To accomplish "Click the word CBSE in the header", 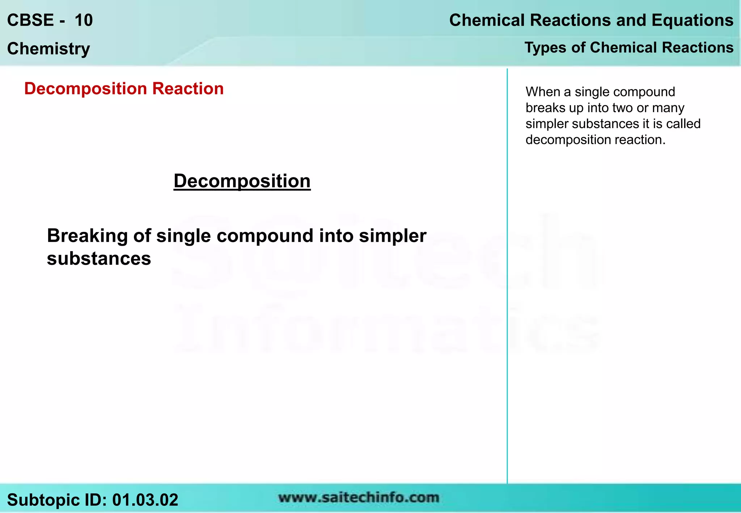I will pyautogui.click(x=30, y=20).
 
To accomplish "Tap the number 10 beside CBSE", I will pyautogui.click(x=84, y=20).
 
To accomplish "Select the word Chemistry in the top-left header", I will pyautogui.click(x=48, y=49).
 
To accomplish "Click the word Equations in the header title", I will pyautogui.click(x=693, y=20).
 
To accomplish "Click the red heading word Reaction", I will pyautogui.click(x=188, y=89).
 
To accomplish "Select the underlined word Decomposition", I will pyautogui.click(x=242, y=181).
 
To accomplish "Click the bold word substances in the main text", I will pyautogui.click(x=99, y=259).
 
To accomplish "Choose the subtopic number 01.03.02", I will pyautogui.click(x=145, y=500).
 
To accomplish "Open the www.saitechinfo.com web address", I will pyautogui.click(x=359, y=498).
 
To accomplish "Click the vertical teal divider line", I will pyautogui.click(x=507, y=275).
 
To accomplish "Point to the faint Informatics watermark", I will pyautogui.click(x=387, y=329).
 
